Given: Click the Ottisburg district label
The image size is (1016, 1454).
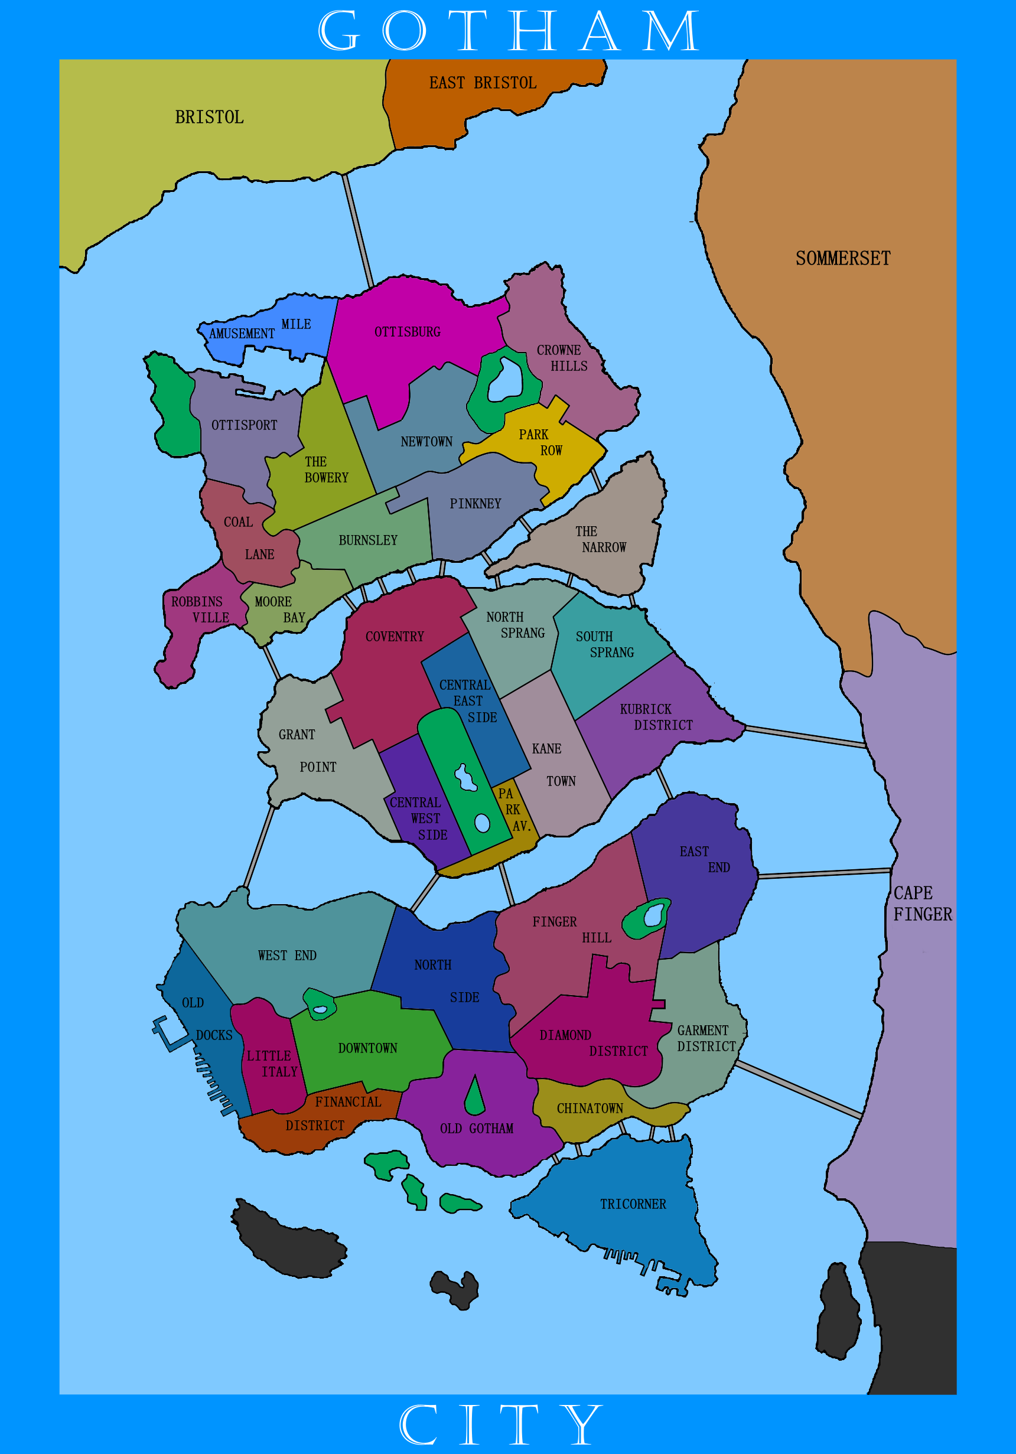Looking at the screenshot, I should [408, 332].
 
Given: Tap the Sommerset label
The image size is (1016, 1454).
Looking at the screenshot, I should [842, 258].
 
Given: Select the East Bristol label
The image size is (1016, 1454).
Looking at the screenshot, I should [483, 83].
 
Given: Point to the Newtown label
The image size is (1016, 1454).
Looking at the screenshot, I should [426, 441].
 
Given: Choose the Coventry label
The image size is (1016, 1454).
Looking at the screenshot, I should [394, 637].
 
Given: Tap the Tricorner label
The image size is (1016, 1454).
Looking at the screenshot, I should [633, 1204].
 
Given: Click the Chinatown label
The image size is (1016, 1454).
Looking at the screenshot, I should [590, 1109].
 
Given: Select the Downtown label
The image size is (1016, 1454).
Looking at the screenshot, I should [367, 1048].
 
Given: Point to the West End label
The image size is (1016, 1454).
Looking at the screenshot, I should [287, 955].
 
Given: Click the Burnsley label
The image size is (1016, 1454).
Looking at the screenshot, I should [367, 540].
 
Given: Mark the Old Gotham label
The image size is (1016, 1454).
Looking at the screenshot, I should [476, 1129].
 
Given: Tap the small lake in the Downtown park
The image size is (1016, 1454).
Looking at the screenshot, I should [321, 1009].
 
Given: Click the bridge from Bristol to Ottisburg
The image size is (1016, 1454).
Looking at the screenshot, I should [358, 231].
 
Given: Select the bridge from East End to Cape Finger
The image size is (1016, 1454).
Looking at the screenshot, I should [823, 874].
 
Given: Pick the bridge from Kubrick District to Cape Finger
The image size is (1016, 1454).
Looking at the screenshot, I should [805, 736].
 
